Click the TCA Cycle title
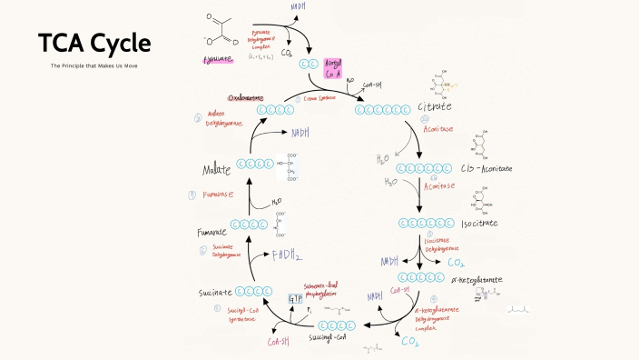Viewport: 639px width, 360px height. [x=94, y=44]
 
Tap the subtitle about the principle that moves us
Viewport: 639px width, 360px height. [x=94, y=66]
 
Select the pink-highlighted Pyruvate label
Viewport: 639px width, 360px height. [x=218, y=60]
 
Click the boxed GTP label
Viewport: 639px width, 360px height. [x=294, y=299]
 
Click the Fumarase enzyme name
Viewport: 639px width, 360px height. [x=219, y=195]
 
